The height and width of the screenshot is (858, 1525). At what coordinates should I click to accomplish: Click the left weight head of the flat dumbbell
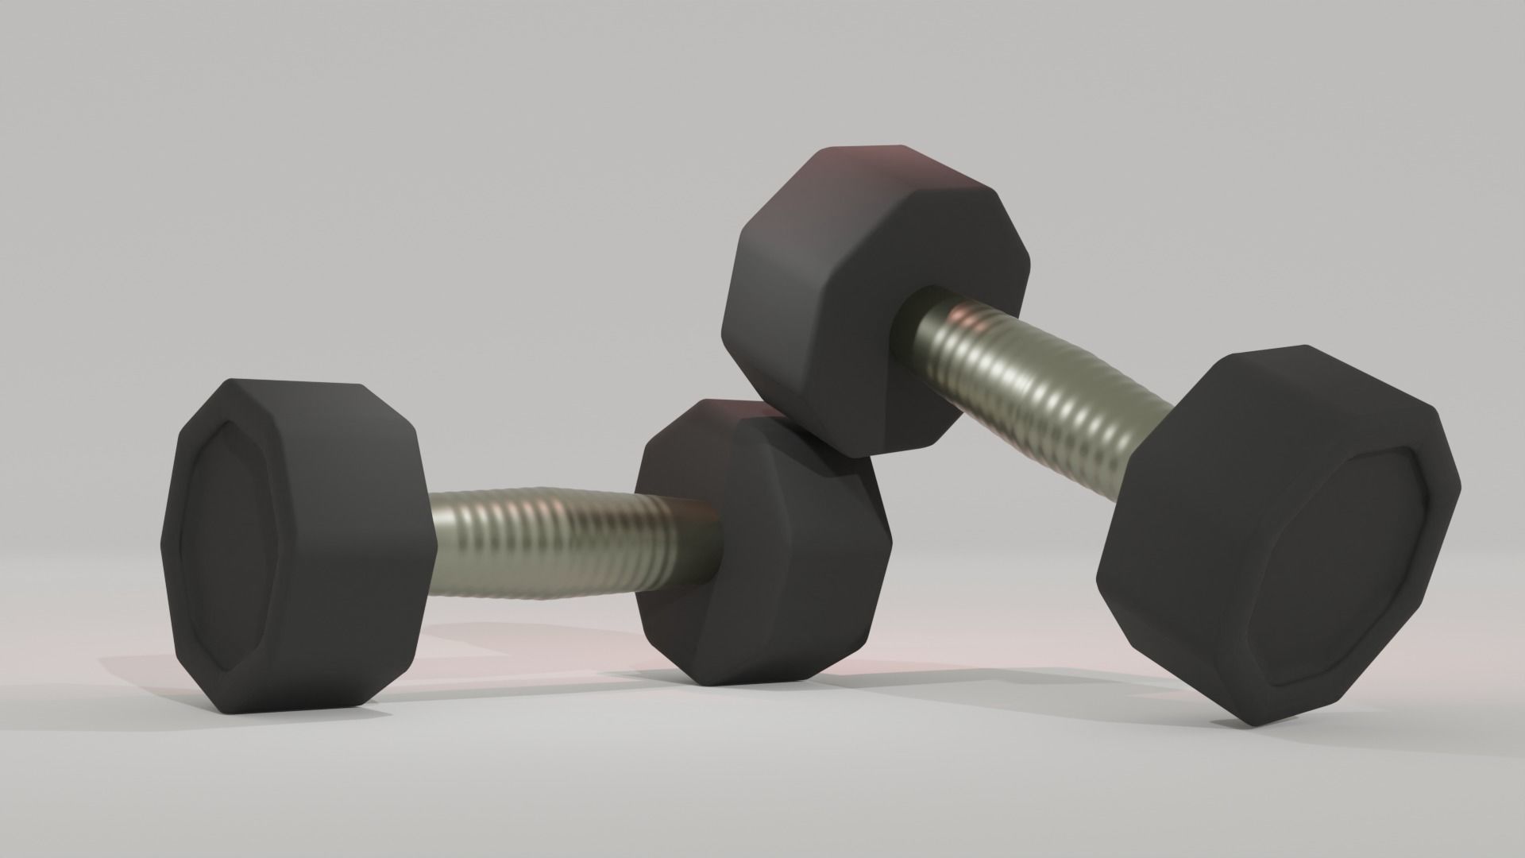point(298,548)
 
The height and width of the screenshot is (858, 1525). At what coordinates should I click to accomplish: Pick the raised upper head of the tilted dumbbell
point(874,302)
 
